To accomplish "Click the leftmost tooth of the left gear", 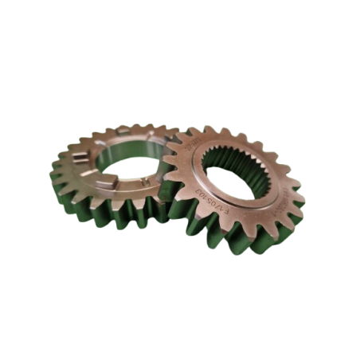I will pyautogui.click(x=56, y=171).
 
